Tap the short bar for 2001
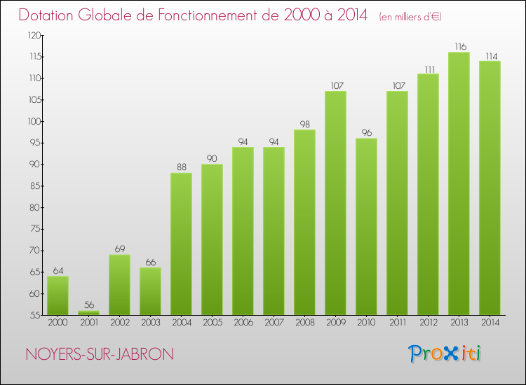click(x=88, y=313)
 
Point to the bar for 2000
click(x=58, y=295)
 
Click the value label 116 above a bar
click(x=459, y=46)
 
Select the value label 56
click(x=88, y=305)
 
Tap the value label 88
click(x=181, y=167)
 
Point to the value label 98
click(x=304, y=124)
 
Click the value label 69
click(x=119, y=248)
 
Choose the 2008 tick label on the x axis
click(x=304, y=322)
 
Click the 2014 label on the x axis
click(x=490, y=322)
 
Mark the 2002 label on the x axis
click(x=119, y=322)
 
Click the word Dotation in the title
click(x=50, y=15)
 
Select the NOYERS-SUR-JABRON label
click(x=99, y=354)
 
